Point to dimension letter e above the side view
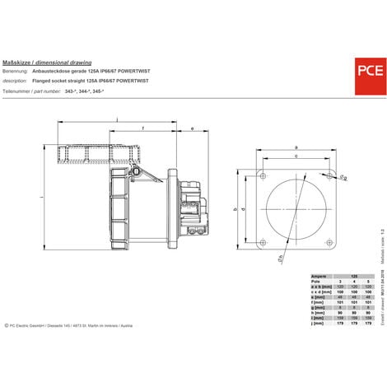coord(192,129)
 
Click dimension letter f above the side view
coord(144,129)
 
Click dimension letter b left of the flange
coord(235,211)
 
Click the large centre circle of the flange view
coord(296,210)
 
